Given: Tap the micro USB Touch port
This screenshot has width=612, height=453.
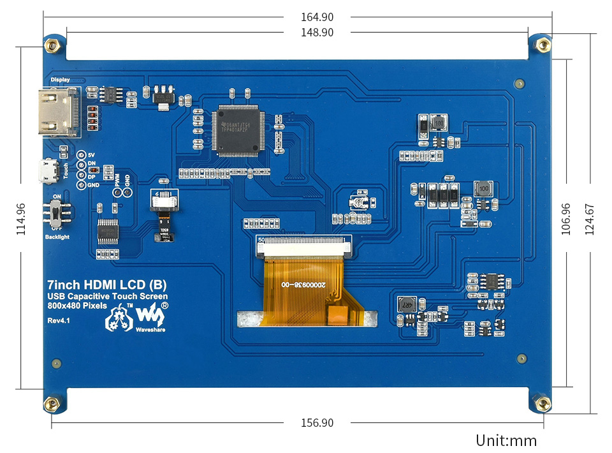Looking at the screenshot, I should pos(47,171).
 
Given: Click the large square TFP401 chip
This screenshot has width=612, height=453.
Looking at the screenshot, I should pos(237,130).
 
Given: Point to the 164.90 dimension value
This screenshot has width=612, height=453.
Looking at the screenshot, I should pos(317,17).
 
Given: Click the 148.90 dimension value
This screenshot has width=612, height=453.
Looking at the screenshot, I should pos(317,33).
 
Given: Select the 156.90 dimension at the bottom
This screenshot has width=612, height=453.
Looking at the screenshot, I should pos(317,423).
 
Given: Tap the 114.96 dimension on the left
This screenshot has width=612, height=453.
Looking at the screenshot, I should pos(22,219).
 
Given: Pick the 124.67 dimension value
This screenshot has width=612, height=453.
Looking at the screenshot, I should pos(589,219).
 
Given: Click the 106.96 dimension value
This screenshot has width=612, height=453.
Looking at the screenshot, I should pos(565,219).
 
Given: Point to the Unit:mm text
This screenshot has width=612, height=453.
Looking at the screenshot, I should pos(506,440).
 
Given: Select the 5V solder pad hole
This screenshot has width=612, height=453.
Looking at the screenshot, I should pos(81,155).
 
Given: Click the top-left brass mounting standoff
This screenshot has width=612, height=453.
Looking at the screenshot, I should pos(52,45).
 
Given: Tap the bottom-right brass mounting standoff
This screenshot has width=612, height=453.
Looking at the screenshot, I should pos(543,403).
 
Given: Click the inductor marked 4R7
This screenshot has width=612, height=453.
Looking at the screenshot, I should pos(406,304).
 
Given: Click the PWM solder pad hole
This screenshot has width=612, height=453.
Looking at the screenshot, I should pos(118,192).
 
